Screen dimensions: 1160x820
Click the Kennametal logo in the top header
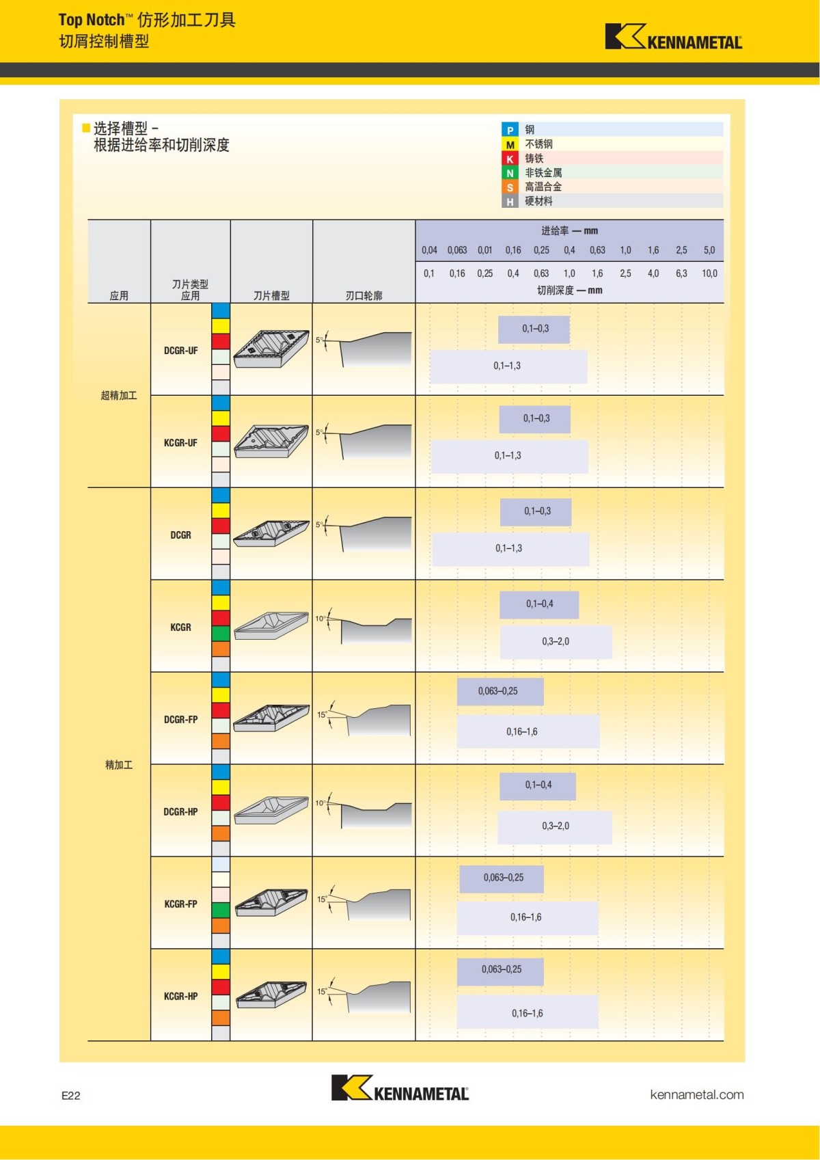[673, 37]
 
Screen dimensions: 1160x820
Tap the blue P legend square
[510, 130]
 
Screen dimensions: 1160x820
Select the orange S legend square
[510, 187]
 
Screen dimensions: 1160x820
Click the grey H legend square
[510, 202]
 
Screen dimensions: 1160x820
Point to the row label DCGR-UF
[180, 351]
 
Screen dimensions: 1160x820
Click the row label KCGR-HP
[180, 996]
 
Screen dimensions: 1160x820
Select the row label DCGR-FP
[180, 719]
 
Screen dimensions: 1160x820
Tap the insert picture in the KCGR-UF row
[271, 442]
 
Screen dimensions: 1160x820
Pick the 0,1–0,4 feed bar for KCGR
[539, 604]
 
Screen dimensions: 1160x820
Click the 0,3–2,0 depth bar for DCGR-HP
[555, 826]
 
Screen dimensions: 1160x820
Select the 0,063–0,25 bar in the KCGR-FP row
[502, 878]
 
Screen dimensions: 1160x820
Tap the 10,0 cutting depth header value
[709, 273]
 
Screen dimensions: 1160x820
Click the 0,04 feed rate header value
[429, 250]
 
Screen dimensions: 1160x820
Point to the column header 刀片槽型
[271, 295]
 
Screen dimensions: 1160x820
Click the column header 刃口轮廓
[364, 295]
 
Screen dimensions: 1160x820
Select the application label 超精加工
[119, 395]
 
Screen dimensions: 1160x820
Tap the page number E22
[71, 1095]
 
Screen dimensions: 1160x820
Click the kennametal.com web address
[696, 1094]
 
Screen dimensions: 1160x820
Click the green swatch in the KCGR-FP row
[221, 910]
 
